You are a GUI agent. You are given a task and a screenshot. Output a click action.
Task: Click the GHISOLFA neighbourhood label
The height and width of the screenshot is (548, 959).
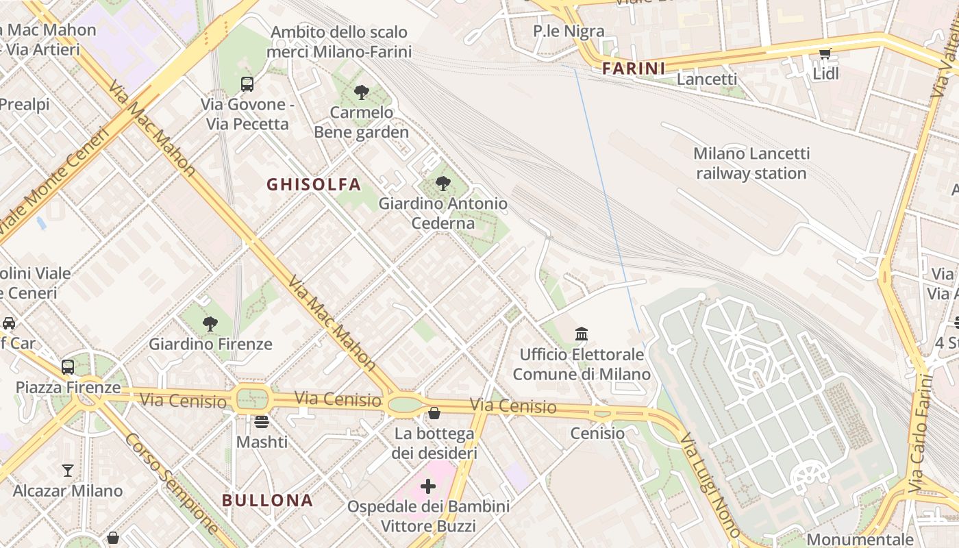[314, 184]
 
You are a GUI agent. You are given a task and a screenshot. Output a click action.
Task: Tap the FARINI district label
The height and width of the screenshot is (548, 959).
[634, 68]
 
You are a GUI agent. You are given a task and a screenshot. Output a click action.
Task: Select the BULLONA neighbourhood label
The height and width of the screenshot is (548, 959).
[267, 500]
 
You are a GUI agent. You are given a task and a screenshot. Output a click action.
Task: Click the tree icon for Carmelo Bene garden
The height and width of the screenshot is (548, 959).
[362, 92]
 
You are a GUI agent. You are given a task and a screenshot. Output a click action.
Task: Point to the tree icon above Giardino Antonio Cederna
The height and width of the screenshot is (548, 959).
[443, 184]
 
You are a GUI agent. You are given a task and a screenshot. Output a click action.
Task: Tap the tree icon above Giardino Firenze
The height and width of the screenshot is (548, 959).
[210, 324]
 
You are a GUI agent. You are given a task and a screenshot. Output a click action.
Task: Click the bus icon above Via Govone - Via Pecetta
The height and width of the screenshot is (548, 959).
[247, 84]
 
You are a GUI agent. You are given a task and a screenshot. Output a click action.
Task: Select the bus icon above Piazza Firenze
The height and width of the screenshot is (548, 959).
[68, 367]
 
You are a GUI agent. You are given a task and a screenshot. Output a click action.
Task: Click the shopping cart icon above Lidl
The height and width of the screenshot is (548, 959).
[825, 54]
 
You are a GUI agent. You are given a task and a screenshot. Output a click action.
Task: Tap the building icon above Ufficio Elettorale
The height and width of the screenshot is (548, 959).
[582, 334]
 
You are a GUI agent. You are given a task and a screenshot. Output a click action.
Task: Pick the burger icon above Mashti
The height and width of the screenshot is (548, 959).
[262, 422]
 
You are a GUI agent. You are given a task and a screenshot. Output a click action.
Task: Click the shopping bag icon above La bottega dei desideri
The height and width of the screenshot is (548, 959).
[434, 413]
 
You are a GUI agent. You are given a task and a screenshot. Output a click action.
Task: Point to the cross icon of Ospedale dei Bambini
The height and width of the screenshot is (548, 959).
[428, 486]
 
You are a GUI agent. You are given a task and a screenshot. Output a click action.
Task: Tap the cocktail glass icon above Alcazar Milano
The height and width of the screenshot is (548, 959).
[67, 471]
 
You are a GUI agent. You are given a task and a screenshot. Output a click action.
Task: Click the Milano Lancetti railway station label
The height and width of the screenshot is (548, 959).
[751, 163]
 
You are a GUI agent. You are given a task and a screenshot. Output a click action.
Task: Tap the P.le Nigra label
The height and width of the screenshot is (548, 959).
[569, 31]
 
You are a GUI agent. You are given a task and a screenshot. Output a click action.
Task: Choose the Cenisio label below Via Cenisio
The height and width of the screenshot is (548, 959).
[597, 433]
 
